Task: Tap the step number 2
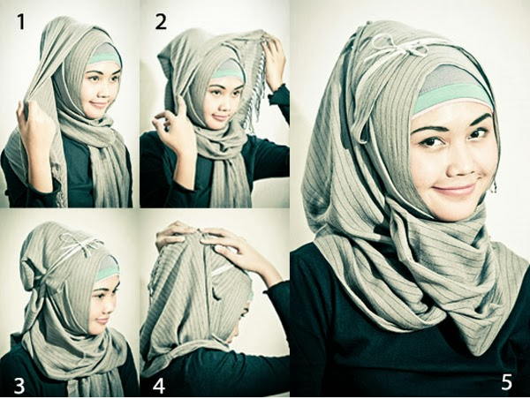[160, 22]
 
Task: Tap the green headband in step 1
[103, 57]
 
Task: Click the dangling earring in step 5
[493, 186]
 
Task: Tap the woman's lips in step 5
[455, 188]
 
